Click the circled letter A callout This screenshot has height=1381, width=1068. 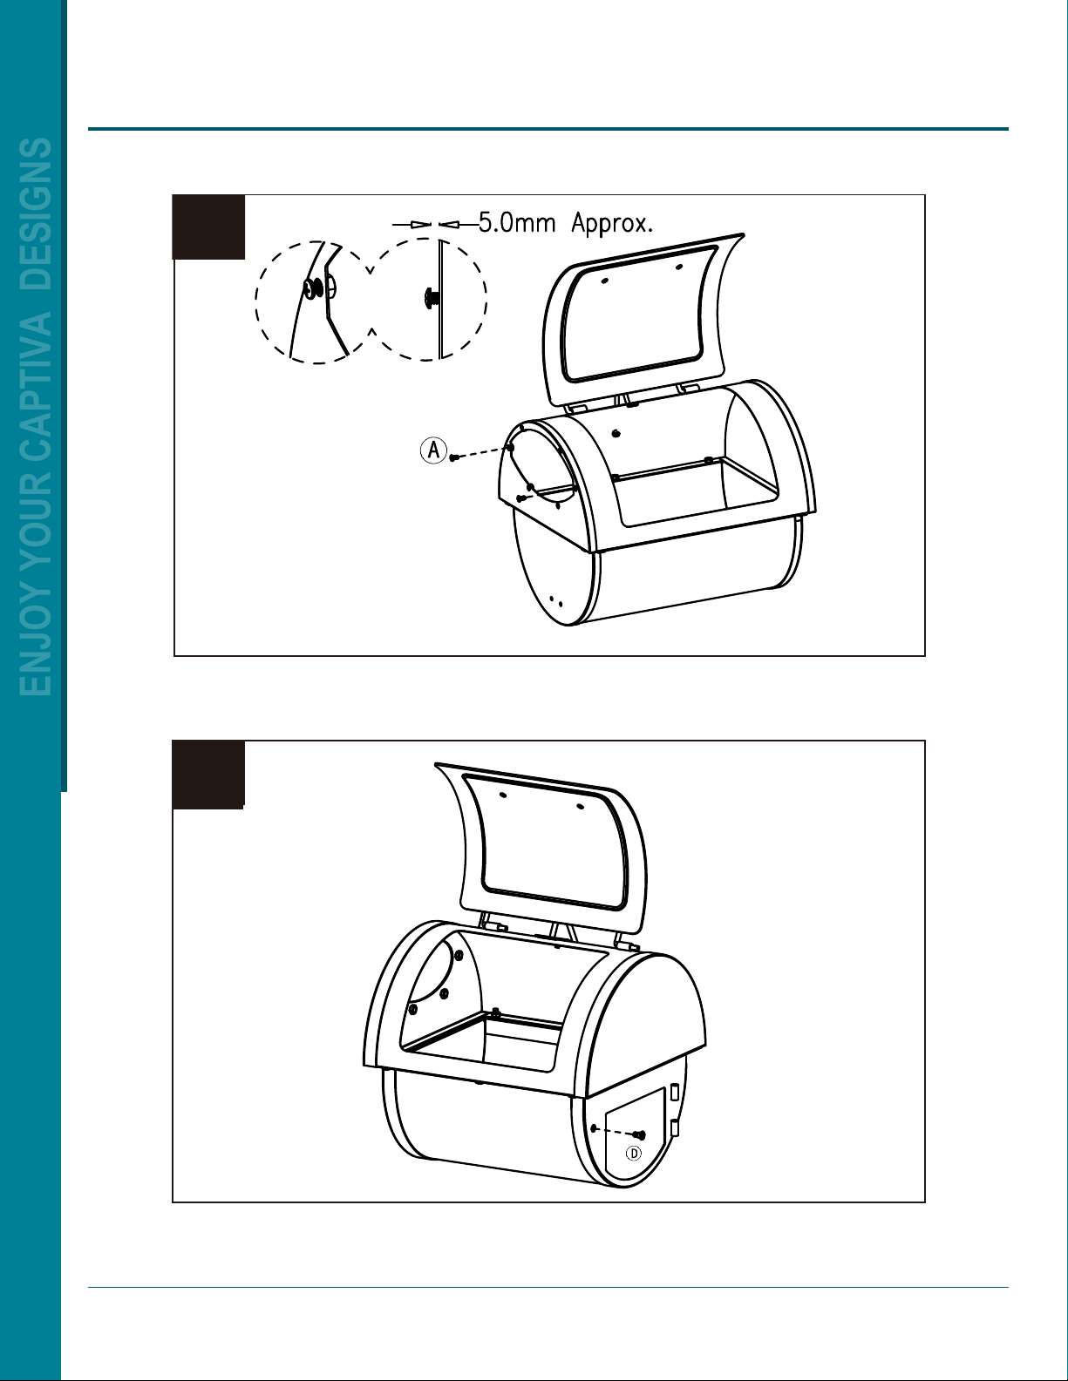[x=433, y=450]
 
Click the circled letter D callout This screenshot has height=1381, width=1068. [x=634, y=1153]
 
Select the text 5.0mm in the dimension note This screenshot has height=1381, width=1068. [x=516, y=224]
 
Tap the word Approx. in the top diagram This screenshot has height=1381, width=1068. [x=611, y=224]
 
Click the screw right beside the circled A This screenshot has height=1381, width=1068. [x=454, y=457]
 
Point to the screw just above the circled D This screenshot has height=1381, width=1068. [x=639, y=1134]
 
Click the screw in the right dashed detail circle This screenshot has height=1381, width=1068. [x=431, y=297]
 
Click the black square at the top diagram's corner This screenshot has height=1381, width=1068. [x=208, y=227]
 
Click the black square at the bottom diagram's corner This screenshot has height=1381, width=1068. [x=207, y=775]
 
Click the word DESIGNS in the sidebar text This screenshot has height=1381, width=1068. [x=36, y=214]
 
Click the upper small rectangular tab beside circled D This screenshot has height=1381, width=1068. [x=675, y=1093]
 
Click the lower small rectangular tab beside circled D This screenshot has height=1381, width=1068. [x=675, y=1128]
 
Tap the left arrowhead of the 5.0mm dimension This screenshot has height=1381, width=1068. [x=420, y=224]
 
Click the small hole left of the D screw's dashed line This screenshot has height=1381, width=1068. [x=594, y=1128]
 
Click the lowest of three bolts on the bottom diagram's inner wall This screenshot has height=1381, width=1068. [x=412, y=1009]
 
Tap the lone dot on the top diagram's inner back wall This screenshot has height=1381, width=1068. [x=616, y=433]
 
